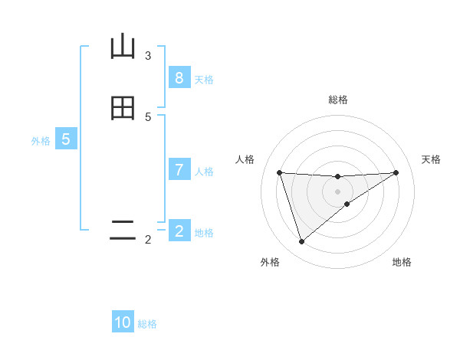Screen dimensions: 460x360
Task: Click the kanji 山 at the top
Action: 123,47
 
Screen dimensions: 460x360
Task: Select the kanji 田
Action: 123,109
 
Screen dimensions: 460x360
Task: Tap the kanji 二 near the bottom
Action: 123,231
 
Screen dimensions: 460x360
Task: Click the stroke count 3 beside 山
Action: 148,55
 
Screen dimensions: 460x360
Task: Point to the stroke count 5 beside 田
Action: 148,116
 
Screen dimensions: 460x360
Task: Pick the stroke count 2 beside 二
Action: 148,240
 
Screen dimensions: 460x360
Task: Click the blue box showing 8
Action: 179,78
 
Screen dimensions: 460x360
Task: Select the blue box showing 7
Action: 179,170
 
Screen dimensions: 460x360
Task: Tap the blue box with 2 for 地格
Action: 179,231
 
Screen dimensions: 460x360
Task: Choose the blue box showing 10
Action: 123,322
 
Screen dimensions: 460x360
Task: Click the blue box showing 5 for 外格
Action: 66,139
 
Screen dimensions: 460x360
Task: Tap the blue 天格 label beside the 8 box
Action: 204,79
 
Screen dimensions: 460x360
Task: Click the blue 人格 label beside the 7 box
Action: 204,172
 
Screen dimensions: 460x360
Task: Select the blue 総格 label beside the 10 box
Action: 147,324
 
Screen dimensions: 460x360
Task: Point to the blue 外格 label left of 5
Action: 41,141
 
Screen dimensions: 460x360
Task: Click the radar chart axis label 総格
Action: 337,100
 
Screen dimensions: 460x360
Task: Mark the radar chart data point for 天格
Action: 396,172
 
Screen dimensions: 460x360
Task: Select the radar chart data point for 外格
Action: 301,241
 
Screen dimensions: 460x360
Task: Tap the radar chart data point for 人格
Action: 279,172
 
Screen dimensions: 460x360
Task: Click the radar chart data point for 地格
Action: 347,204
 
